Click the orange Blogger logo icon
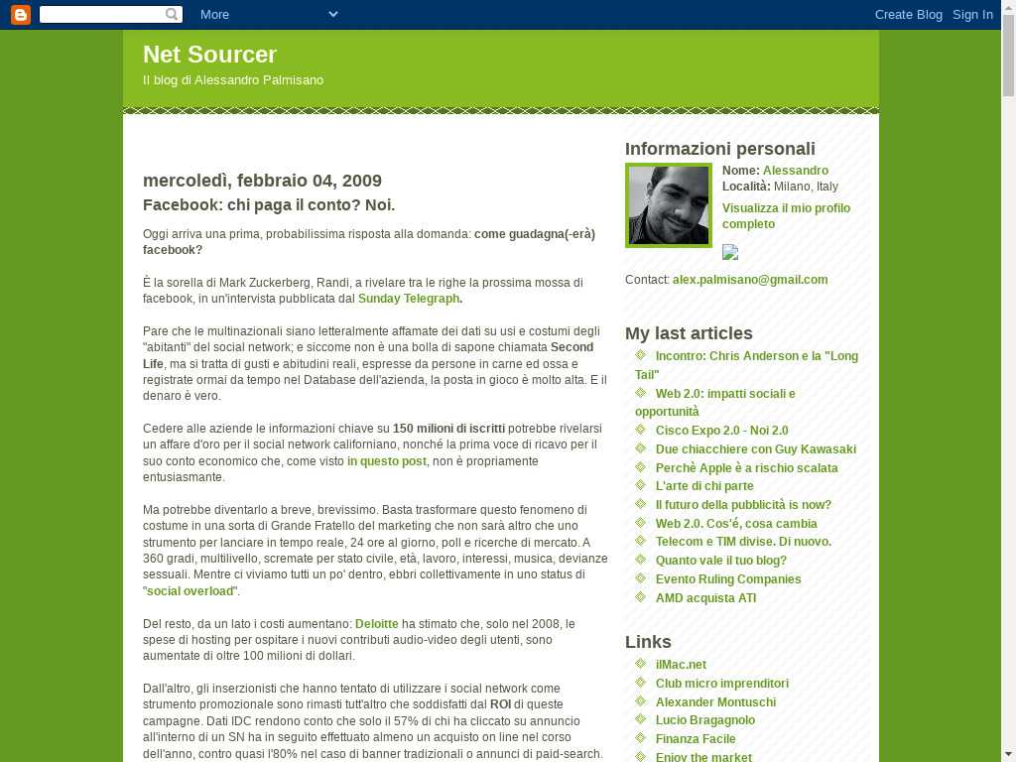pyautogui.click(x=20, y=14)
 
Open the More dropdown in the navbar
pyautogui.click(x=269, y=14)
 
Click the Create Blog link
pyautogui.click(x=908, y=14)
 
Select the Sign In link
pyautogui.click(x=972, y=14)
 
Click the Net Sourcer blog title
pyautogui.click(x=209, y=55)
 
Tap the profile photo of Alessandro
pyautogui.click(x=669, y=205)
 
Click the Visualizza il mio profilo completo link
pyautogui.click(x=786, y=216)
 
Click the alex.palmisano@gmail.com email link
pyautogui.click(x=749, y=280)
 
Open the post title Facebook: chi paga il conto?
pyautogui.click(x=269, y=205)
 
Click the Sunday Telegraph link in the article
pyautogui.click(x=408, y=299)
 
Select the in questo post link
pyautogui.click(x=386, y=461)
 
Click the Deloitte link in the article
pyautogui.click(x=376, y=624)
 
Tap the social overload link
pyautogui.click(x=191, y=591)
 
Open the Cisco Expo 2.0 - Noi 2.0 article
pyautogui.click(x=721, y=431)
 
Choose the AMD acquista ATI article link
pyautogui.click(x=705, y=598)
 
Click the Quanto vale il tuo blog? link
pyautogui.click(x=720, y=561)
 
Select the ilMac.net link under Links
pyautogui.click(x=681, y=665)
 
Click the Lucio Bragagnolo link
pyautogui.click(x=704, y=720)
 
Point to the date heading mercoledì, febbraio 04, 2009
pyautogui.click(x=262, y=181)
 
